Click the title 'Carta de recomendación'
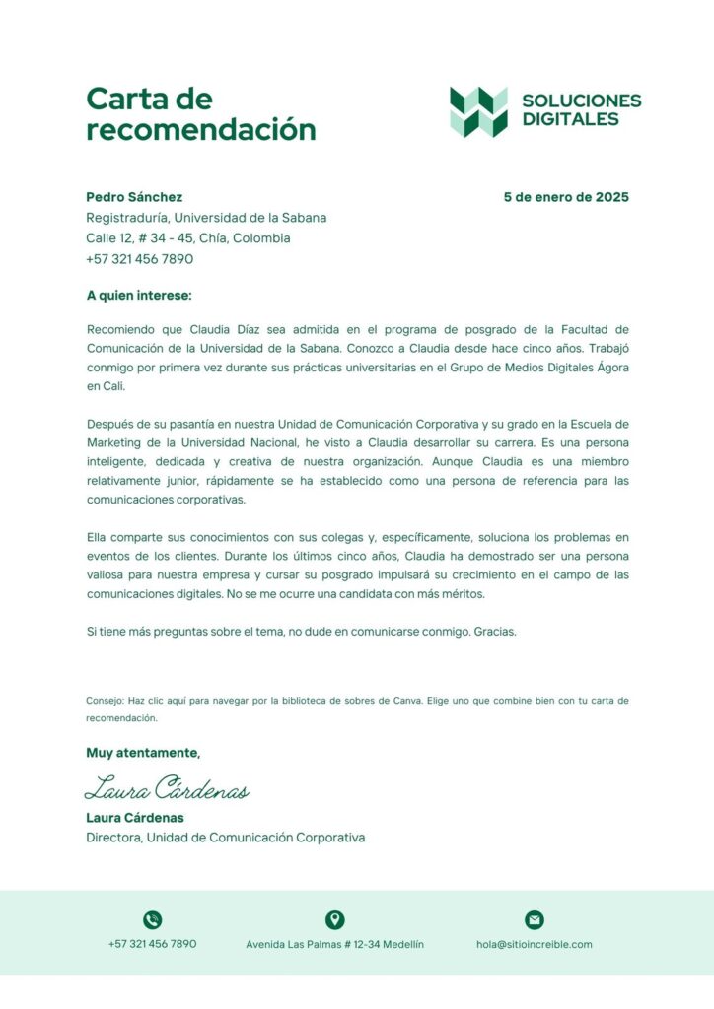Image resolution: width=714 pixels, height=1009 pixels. point(200,113)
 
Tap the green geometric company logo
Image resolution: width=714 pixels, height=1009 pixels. point(478,111)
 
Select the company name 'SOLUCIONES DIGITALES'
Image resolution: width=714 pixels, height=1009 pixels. point(581,109)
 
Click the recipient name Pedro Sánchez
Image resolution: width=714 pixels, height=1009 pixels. point(134,197)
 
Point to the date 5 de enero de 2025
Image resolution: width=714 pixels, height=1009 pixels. point(565,197)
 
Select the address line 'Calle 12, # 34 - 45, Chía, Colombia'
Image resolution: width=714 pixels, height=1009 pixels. point(187,238)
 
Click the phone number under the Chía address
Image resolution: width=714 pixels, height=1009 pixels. point(139,259)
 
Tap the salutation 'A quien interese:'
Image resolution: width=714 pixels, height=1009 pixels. point(139,295)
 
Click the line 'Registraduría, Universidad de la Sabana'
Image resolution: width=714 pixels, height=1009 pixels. point(206,218)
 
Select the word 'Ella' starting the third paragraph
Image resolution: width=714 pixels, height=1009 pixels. point(98,538)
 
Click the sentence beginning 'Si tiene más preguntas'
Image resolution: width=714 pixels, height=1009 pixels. point(301,632)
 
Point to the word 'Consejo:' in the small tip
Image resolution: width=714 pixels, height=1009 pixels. point(104,701)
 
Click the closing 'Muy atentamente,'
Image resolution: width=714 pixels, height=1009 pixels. point(143,754)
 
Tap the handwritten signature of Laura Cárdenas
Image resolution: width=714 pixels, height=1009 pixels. point(166,788)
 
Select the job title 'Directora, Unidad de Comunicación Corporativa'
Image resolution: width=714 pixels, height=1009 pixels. point(225,838)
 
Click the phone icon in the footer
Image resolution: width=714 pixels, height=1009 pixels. point(152,920)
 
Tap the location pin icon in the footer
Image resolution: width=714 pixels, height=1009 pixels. point(334,920)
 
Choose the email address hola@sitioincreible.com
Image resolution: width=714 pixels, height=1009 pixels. point(534,944)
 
